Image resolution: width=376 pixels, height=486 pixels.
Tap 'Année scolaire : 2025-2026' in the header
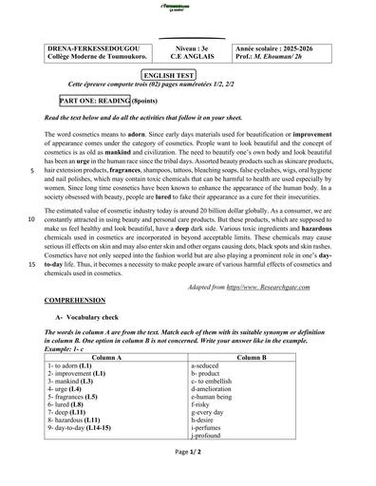282,47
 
